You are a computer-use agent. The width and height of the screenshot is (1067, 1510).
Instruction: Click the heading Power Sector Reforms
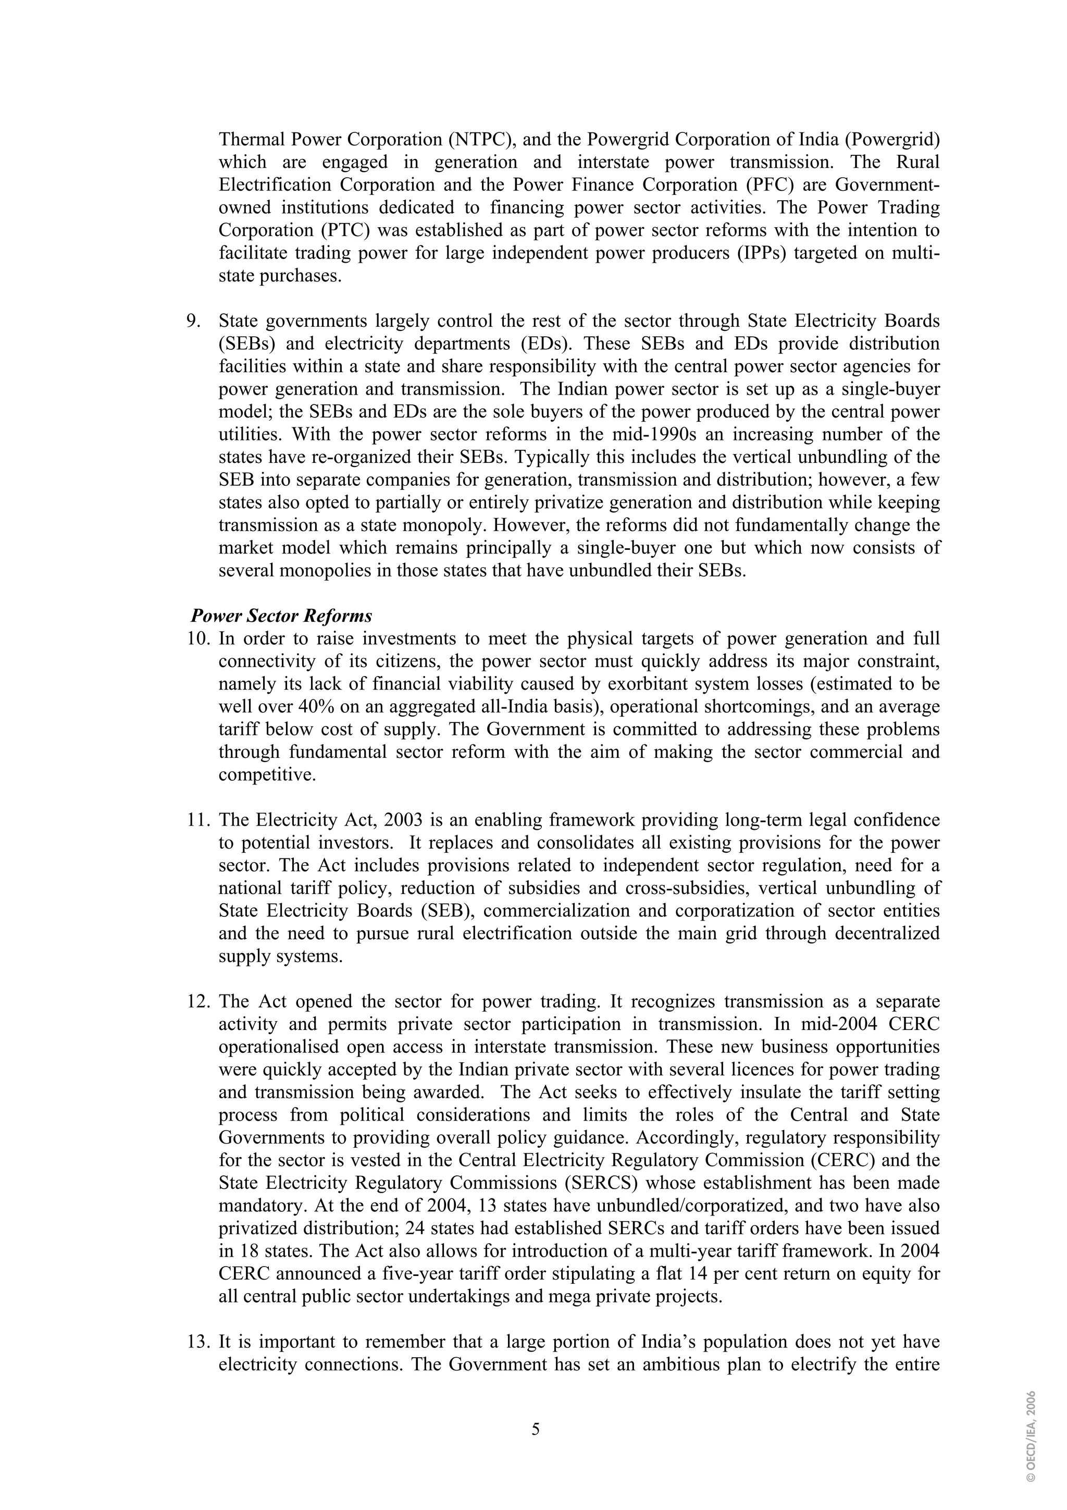click(281, 616)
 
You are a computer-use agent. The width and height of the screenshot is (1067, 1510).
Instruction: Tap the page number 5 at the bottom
click(535, 1429)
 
